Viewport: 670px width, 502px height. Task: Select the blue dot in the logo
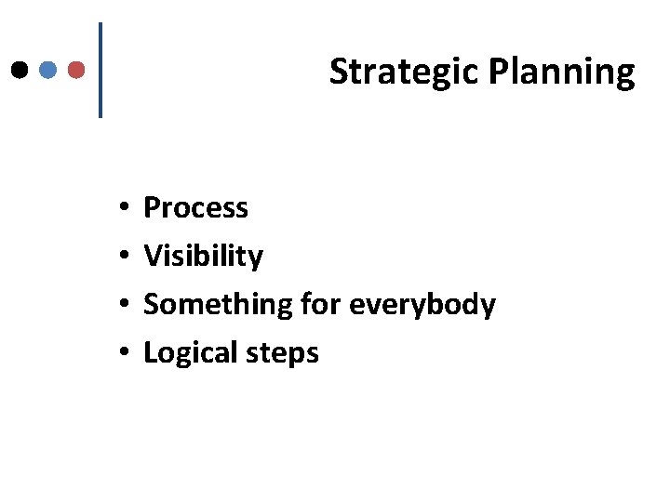point(49,70)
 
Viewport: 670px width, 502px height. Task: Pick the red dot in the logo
point(77,70)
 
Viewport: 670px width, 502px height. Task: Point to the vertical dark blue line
point(100,70)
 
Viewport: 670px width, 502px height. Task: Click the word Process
point(195,207)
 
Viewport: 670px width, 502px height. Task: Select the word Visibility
point(203,256)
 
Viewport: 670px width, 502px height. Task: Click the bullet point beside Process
point(124,208)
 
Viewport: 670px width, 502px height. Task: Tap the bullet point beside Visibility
point(124,257)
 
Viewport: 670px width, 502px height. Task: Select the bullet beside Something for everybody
point(124,305)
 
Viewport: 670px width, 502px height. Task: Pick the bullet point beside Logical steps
point(124,353)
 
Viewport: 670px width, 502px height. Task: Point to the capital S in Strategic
point(338,72)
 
